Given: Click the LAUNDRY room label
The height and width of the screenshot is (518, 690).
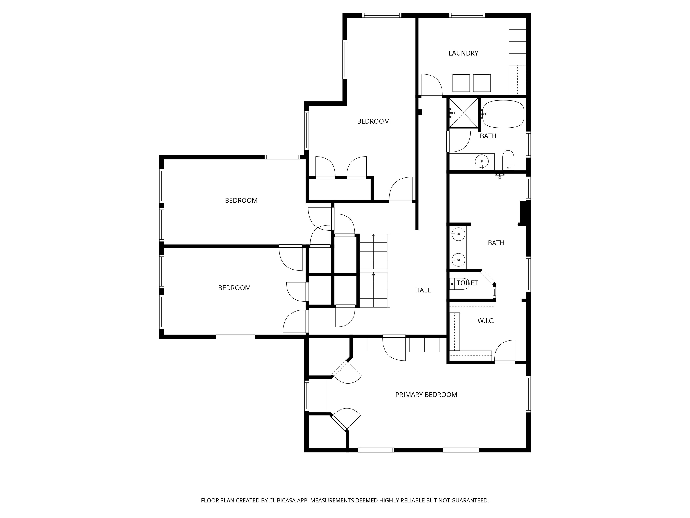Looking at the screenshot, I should pyautogui.click(x=463, y=53).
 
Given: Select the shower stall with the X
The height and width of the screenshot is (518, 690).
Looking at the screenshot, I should pyautogui.click(x=463, y=113).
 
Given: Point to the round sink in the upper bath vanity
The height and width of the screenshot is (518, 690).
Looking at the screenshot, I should pyautogui.click(x=482, y=161).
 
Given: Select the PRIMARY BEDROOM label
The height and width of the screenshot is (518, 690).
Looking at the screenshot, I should pyautogui.click(x=426, y=395).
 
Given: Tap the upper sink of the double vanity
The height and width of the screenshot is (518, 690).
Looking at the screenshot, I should pyautogui.click(x=458, y=234).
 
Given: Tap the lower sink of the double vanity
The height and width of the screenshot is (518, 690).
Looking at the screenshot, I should pyautogui.click(x=458, y=259).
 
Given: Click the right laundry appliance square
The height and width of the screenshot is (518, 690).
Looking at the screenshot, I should pyautogui.click(x=482, y=83).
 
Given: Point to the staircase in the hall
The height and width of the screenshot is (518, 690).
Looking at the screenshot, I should pyautogui.click(x=374, y=270).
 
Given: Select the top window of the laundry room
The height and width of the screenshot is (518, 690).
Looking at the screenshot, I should pyautogui.click(x=467, y=15).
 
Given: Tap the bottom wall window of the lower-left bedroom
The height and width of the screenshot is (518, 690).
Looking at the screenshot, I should pyautogui.click(x=235, y=337).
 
